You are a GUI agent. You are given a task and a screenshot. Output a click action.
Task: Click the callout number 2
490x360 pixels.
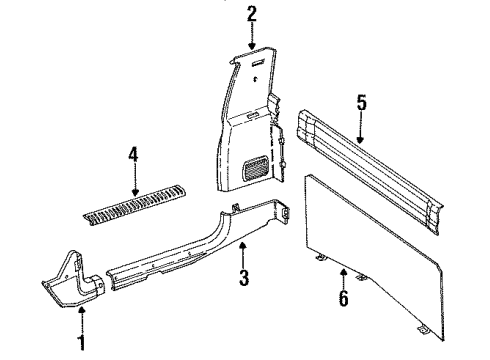click(x=252, y=13)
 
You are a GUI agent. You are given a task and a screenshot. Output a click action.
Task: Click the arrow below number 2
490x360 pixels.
click(x=252, y=38)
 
